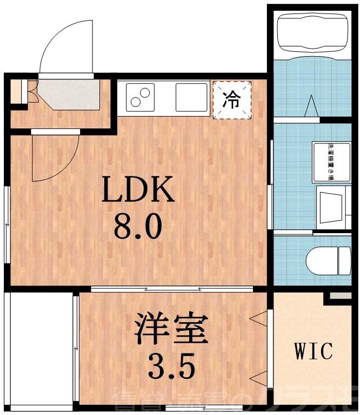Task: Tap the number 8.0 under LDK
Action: click(138, 227)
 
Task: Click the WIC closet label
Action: click(313, 351)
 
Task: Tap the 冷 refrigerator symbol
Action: click(232, 99)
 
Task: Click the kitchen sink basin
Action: click(191, 97)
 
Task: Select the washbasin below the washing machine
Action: click(333, 207)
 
